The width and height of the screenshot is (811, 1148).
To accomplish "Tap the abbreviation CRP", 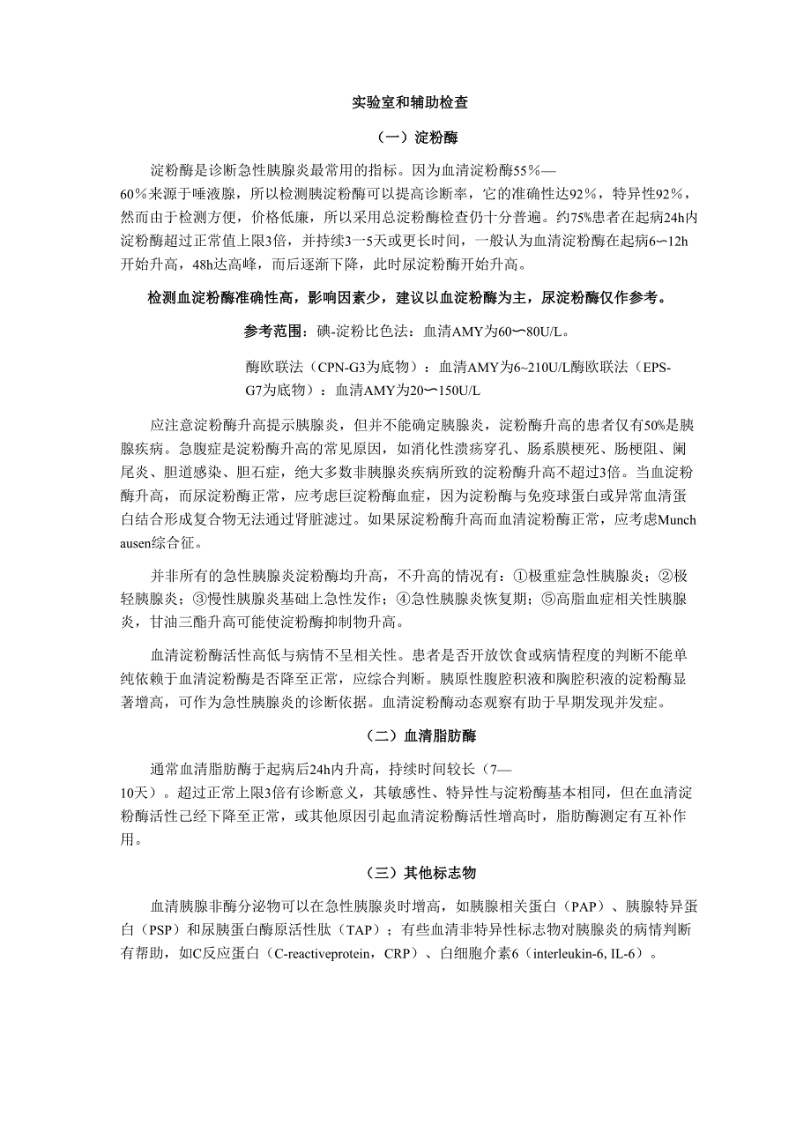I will coord(399,953).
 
